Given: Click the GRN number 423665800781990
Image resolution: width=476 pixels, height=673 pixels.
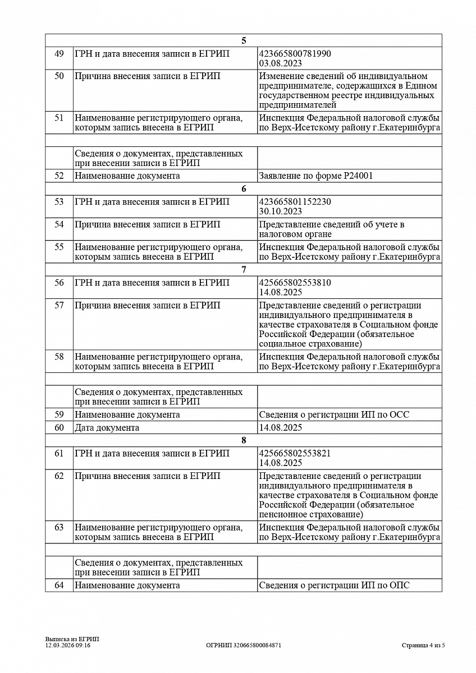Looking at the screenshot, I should pyautogui.click(x=295, y=54).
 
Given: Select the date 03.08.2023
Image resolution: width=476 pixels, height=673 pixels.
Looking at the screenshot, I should pyautogui.click(x=280, y=63).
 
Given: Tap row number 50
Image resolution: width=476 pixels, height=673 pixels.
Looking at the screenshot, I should pyautogui.click(x=59, y=76).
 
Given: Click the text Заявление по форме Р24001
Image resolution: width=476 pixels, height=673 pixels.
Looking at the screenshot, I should pyautogui.click(x=316, y=176).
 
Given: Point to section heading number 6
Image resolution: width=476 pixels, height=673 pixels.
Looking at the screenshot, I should pyautogui.click(x=244, y=189).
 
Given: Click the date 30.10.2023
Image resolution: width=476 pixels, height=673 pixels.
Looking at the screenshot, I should pyautogui.click(x=280, y=211).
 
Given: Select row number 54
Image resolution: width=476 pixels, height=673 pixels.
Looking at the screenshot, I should pyautogui.click(x=59, y=224).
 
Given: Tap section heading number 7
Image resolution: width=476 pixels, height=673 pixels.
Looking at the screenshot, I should pyautogui.click(x=244, y=270).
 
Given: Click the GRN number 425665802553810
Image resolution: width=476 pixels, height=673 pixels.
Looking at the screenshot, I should pyautogui.click(x=295, y=283).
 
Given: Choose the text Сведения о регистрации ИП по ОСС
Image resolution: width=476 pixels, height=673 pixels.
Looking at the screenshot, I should pyautogui.click(x=334, y=415).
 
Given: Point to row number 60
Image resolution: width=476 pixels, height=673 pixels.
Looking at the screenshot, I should pyautogui.click(x=59, y=428).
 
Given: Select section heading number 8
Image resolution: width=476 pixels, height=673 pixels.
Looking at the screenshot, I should pyautogui.click(x=244, y=440).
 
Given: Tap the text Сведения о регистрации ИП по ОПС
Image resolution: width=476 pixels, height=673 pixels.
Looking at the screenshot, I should pyautogui.click(x=334, y=586).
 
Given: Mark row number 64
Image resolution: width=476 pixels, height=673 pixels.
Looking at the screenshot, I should pyautogui.click(x=59, y=586).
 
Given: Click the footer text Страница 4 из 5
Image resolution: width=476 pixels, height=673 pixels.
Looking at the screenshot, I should pyautogui.click(x=423, y=646).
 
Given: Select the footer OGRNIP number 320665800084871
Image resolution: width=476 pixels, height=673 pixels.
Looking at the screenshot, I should pyautogui.click(x=244, y=646).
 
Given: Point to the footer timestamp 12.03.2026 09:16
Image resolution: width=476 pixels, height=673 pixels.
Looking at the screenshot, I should pyautogui.click(x=68, y=646).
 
